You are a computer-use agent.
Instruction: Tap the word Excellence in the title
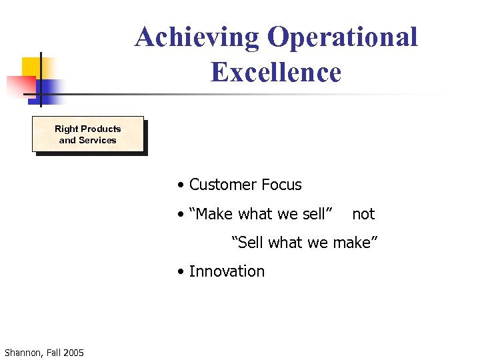point(275,72)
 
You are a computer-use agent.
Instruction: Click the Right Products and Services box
point(88,135)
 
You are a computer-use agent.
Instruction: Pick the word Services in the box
point(97,140)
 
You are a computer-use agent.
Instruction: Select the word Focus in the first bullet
point(281,185)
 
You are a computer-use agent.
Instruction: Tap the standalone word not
point(363,214)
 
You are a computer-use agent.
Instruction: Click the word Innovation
point(227,271)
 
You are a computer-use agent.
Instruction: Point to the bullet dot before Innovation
point(181,272)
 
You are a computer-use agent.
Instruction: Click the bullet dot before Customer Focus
point(181,185)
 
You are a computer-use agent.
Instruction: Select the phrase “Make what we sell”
point(261,214)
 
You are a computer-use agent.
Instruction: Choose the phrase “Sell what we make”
point(305,243)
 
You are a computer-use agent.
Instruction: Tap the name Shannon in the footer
point(23,352)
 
